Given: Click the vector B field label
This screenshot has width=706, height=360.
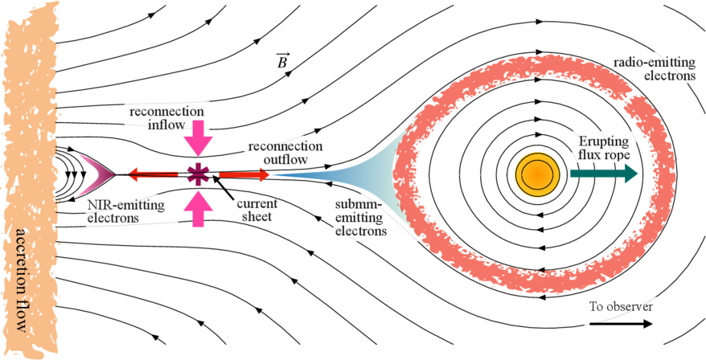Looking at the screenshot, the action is coord(283,62).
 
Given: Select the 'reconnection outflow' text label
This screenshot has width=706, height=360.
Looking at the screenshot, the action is coord(285,153).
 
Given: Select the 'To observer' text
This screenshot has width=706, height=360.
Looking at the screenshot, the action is coord(620,307).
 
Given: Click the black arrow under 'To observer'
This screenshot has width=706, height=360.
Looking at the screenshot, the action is coord(620,324).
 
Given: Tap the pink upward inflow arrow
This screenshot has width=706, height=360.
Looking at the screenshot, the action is coord(197,211).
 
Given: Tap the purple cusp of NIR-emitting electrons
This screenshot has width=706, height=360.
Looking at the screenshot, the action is coord(102,173).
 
